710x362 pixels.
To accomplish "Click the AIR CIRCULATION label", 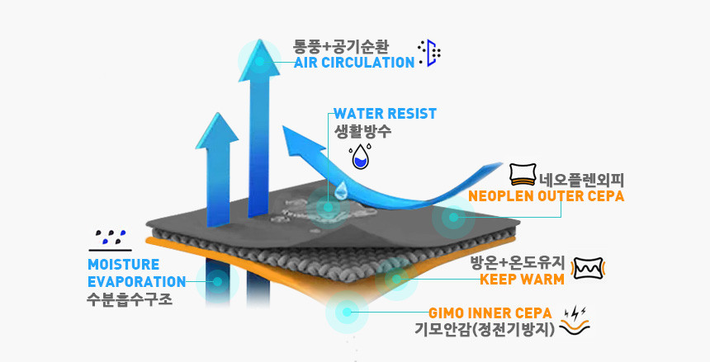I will [x=354, y=63].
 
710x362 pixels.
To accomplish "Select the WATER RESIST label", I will [x=385, y=114].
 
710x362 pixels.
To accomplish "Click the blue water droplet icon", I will [x=360, y=157].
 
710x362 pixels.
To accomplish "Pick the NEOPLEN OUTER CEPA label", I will [x=546, y=197].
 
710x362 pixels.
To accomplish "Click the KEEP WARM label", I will [x=522, y=279].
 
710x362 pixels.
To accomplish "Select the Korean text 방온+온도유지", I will [x=517, y=263].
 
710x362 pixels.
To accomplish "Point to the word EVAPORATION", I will [x=136, y=281].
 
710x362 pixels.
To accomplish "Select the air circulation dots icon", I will [x=430, y=53].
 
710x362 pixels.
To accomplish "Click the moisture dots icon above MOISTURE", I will [x=110, y=239].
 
